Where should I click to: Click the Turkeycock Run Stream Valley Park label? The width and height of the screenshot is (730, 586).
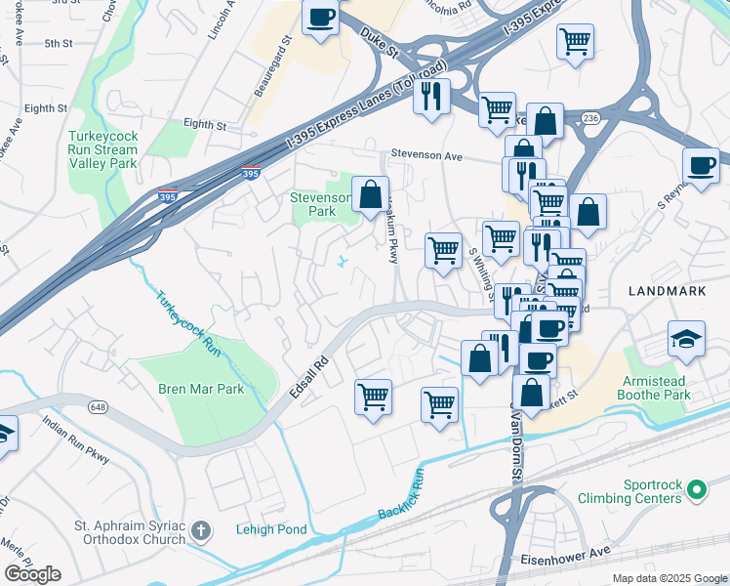click(x=102, y=150)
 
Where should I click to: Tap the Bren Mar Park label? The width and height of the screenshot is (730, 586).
click(x=200, y=389)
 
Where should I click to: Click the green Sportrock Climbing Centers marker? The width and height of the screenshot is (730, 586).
click(x=697, y=488)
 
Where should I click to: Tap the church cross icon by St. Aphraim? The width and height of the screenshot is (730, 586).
click(x=200, y=531)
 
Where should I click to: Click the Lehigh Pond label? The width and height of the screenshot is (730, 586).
click(x=271, y=530)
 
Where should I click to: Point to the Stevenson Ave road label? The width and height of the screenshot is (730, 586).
click(x=426, y=155)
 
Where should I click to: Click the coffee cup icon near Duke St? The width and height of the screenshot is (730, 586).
click(x=320, y=17)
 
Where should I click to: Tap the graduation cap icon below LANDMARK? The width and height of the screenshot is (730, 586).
click(x=686, y=339)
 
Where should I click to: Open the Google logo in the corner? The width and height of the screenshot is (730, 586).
click(x=32, y=573)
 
